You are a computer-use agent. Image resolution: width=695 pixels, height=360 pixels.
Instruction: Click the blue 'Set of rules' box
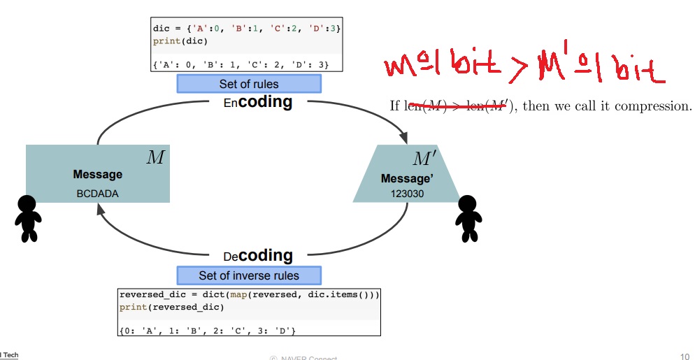point(248,84)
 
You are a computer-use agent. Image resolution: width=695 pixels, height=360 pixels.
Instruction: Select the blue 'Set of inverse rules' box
point(248,275)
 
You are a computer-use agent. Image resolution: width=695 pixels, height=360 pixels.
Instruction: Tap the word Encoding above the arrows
point(258,102)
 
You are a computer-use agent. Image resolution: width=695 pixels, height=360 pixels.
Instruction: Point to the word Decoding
point(258,256)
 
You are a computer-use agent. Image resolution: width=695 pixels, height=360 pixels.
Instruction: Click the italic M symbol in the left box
point(155,157)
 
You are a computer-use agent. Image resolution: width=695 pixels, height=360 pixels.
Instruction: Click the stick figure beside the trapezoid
point(468,218)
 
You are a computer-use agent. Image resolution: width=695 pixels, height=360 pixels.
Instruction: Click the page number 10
point(685,356)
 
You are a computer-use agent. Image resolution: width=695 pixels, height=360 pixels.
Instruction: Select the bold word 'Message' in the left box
point(97,174)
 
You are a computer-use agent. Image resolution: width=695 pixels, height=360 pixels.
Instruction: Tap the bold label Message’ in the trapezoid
point(407,178)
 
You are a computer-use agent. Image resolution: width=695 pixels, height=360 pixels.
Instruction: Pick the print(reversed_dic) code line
point(171,307)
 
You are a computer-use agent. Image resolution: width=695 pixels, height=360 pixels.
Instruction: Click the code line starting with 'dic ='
point(246,29)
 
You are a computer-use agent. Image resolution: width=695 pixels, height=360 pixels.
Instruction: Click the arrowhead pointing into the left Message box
point(102,208)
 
